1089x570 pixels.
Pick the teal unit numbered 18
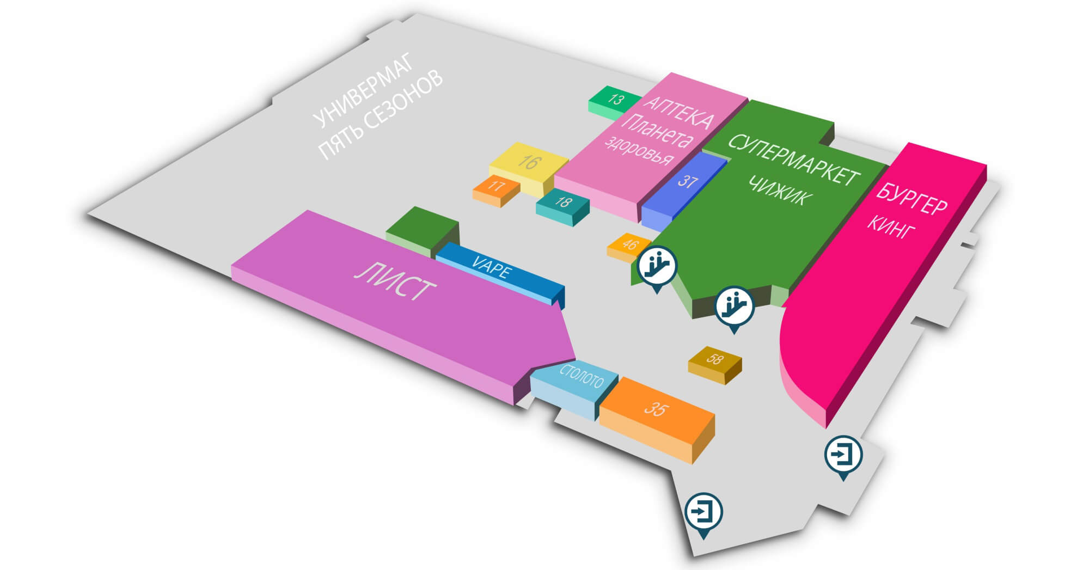(x=563, y=206)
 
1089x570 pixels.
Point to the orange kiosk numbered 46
(x=628, y=247)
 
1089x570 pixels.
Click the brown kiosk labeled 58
(x=715, y=363)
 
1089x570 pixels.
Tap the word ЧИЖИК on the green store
(x=778, y=191)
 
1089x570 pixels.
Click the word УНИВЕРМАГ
(x=364, y=90)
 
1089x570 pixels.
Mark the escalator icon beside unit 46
(x=657, y=267)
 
